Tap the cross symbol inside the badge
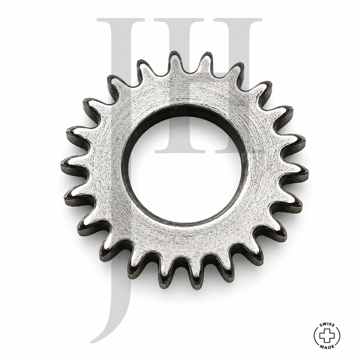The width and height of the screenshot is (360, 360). [x=327, y=336]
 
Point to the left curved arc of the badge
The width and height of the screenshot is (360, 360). [x=315, y=336]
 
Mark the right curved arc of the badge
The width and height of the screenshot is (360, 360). [x=339, y=336]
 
